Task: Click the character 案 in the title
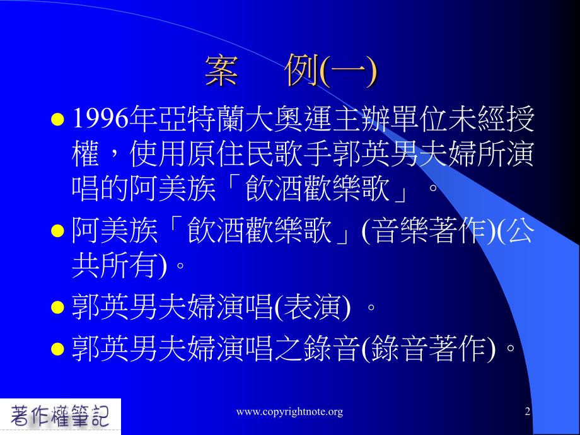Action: (221, 71)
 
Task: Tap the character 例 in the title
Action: (302, 70)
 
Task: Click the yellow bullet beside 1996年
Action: (57, 120)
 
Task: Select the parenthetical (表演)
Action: (311, 308)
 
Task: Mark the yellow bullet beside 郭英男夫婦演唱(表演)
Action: (57, 308)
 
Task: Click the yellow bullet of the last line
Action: (57, 349)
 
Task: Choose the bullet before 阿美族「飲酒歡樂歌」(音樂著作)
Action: (57, 231)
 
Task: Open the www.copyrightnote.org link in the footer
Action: (289, 412)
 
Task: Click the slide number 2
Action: (528, 411)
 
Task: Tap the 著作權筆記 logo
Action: (60, 416)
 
